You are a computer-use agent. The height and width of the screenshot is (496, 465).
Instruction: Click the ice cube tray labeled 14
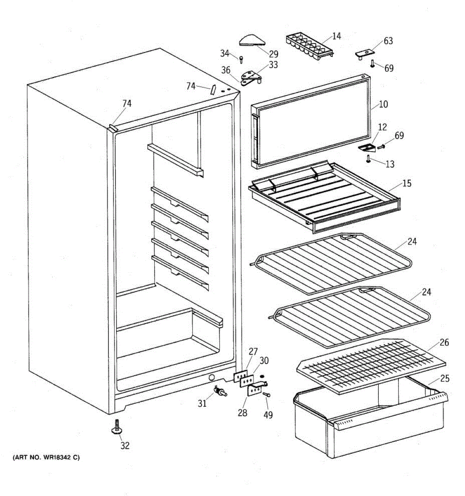(309, 46)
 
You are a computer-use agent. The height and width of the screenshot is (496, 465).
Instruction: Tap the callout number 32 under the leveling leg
(125, 446)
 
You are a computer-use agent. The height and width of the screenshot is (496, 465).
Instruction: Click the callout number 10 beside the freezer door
(384, 104)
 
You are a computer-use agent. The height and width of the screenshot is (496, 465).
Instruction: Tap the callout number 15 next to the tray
(407, 183)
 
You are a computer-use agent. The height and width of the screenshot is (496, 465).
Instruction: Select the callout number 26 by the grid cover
(444, 342)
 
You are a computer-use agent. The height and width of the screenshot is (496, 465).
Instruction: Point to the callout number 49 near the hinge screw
(268, 415)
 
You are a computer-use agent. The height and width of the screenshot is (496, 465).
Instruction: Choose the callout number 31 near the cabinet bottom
(202, 403)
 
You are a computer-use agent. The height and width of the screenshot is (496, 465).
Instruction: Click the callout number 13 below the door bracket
(390, 164)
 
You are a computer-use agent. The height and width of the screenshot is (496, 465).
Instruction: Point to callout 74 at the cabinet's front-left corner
(127, 104)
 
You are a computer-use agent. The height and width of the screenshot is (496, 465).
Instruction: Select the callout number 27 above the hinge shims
(253, 352)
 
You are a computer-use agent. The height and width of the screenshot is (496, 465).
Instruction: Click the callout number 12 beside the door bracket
(383, 127)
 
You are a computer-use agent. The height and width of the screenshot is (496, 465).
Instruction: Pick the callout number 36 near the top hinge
(226, 70)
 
